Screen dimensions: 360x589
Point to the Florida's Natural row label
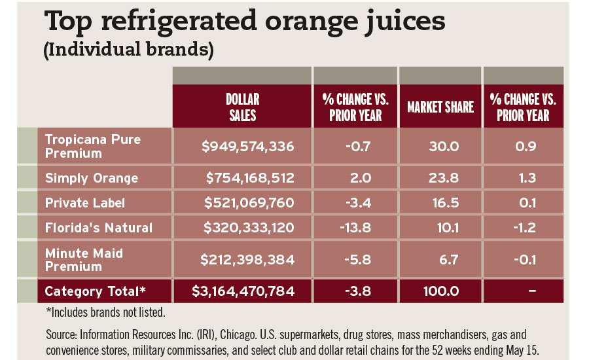point(98,228)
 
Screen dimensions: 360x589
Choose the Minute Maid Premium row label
point(83,259)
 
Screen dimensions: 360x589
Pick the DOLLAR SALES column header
point(242,107)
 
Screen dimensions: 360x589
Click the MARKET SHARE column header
point(440,107)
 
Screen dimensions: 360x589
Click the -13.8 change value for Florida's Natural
point(356,228)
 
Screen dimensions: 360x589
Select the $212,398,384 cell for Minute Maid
point(248,259)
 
